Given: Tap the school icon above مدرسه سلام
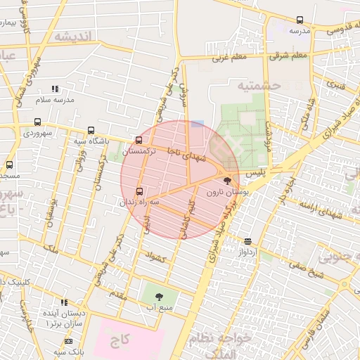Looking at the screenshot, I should (56, 89).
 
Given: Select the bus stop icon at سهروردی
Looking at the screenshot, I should (37, 122).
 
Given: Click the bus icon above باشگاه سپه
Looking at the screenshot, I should (91, 130).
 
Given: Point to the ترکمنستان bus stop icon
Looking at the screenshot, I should (139, 140).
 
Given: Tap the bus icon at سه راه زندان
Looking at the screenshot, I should (139, 191).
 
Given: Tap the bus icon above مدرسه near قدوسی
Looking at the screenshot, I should (300, 20).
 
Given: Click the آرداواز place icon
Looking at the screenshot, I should (247, 240).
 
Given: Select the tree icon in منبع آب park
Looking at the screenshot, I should (158, 297).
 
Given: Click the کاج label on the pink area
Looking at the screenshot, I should (120, 341).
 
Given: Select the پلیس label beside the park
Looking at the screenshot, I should (259, 172).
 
